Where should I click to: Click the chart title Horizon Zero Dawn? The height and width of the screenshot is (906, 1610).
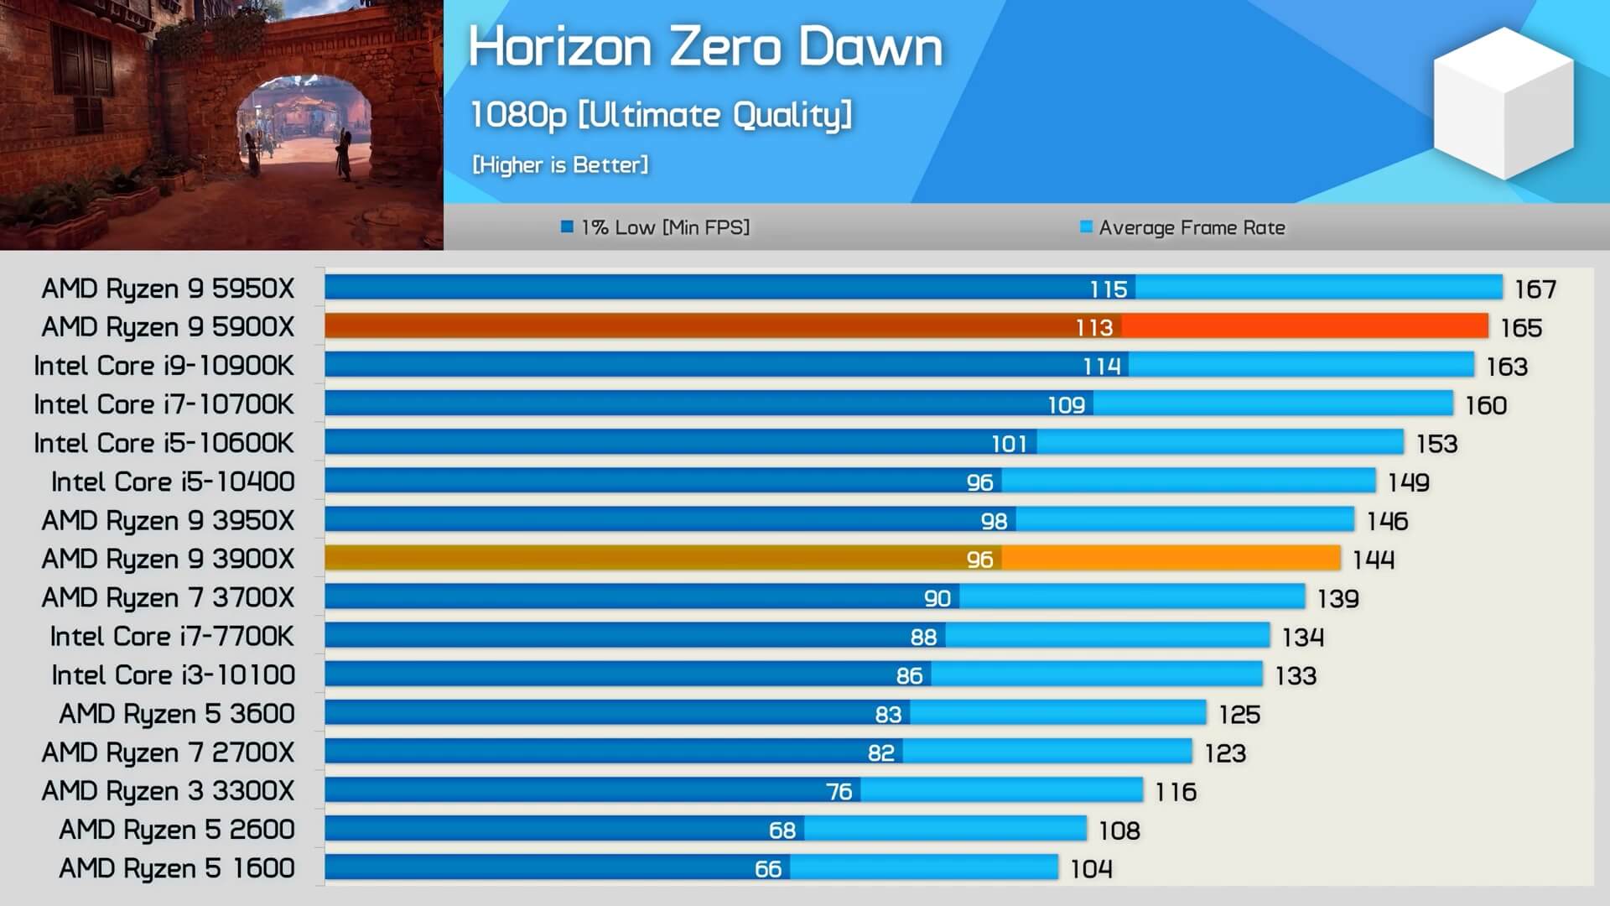[x=705, y=47]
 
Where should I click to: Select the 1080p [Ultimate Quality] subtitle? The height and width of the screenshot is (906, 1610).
[x=661, y=115]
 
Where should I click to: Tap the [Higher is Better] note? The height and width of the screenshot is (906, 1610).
[x=560, y=164]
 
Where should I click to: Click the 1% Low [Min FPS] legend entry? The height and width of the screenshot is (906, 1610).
[x=656, y=227]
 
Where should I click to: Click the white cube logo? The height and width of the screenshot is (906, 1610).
[x=1503, y=103]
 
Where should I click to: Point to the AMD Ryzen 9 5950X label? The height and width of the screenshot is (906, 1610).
[x=168, y=289]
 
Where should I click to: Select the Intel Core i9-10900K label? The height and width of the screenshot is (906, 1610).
[x=164, y=366]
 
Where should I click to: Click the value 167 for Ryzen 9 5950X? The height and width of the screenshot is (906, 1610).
[x=1535, y=289]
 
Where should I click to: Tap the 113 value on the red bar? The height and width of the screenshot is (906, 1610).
[x=1094, y=327]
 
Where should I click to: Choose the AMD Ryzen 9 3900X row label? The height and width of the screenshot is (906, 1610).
[x=168, y=559]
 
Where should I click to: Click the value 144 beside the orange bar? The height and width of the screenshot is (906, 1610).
[x=1374, y=560]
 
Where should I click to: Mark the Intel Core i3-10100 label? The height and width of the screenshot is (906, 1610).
[x=173, y=675]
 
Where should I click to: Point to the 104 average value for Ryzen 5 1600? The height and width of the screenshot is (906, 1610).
[x=1091, y=869]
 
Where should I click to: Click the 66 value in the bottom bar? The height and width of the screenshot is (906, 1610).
[x=767, y=869]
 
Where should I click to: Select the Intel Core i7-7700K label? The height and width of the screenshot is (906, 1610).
[x=172, y=637]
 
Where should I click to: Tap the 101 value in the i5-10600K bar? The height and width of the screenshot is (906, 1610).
[x=1009, y=444]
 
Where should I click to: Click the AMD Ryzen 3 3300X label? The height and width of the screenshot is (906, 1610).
[x=168, y=791]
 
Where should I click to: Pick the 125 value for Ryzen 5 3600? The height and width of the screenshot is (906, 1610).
[x=1239, y=715]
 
